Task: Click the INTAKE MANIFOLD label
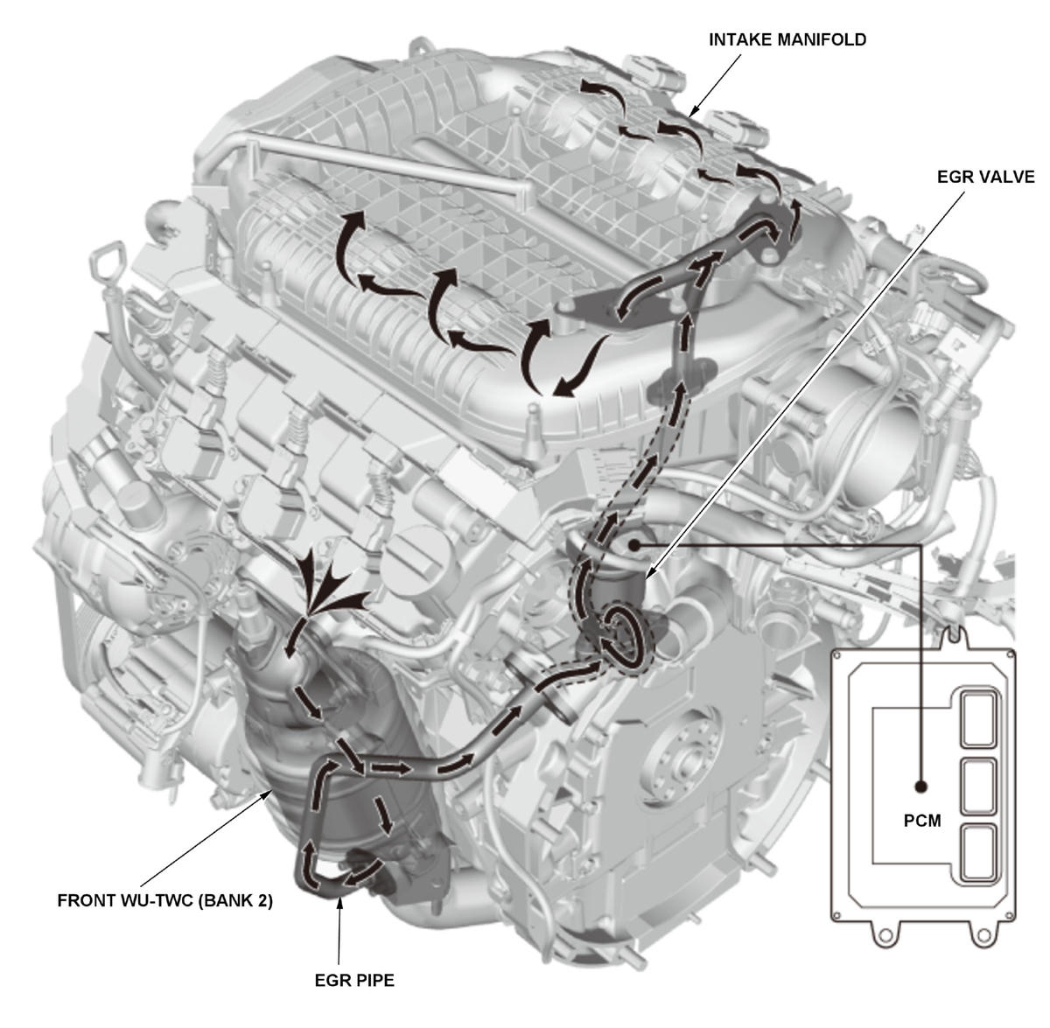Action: click(787, 40)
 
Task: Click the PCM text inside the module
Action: click(921, 822)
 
